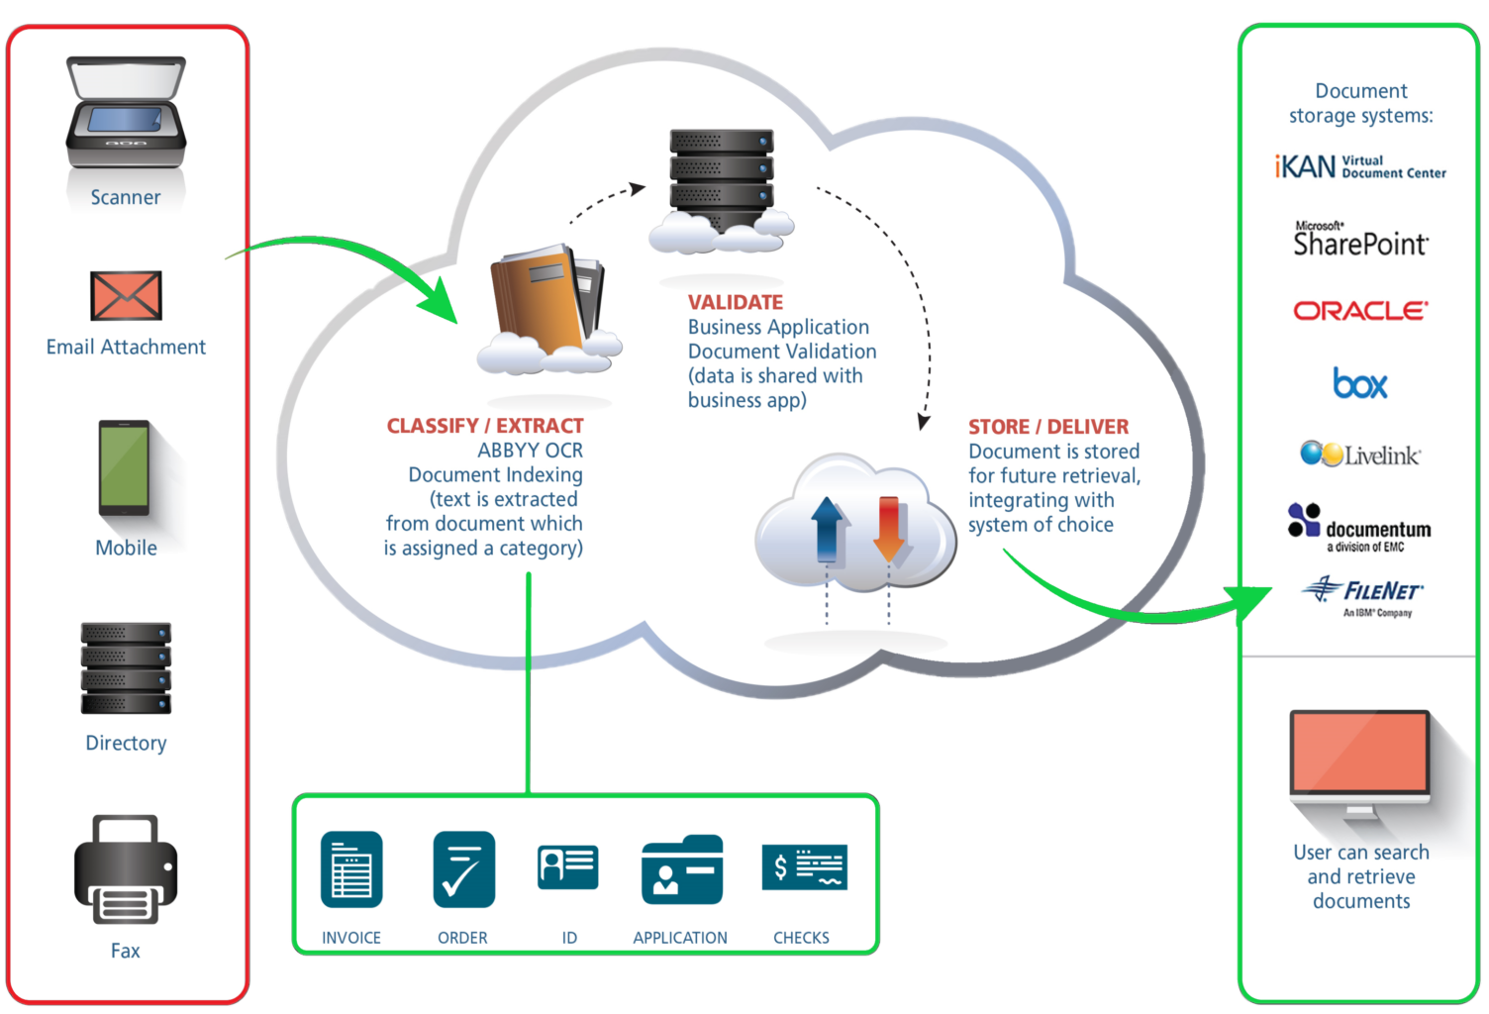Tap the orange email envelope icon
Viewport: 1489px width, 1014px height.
pos(126,296)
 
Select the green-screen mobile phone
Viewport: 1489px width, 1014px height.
pos(125,468)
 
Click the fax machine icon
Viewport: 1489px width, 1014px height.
pos(126,870)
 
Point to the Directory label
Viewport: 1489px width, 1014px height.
pos(126,743)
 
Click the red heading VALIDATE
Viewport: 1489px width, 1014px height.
pos(736,302)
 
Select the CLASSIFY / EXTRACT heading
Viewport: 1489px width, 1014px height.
pos(485,426)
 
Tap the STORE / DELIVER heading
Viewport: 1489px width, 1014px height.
pos(1048,427)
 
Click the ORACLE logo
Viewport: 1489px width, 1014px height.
pos(1360,311)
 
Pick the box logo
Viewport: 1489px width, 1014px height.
pos(1360,384)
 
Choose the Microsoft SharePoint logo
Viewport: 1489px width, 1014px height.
pos(1360,240)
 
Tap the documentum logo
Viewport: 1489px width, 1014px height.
pos(1359,527)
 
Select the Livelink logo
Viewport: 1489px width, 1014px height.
pos(1360,455)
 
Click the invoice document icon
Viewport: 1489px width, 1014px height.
pos(351,869)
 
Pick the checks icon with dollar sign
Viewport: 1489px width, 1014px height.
pos(805,867)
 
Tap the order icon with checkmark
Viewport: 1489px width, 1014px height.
pos(463,869)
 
